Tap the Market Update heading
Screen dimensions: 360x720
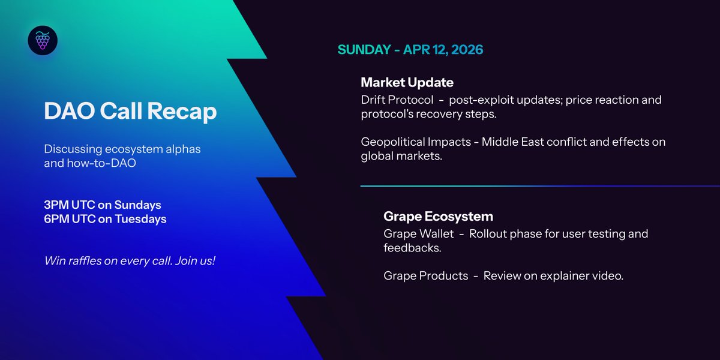407,82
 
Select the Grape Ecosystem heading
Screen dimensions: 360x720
439,216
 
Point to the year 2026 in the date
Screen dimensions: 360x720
465,49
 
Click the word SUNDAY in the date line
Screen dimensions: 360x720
364,49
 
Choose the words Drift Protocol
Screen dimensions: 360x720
397,100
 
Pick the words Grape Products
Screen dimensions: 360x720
425,276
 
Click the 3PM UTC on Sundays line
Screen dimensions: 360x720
103,205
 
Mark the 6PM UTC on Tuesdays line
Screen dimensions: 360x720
105,219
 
